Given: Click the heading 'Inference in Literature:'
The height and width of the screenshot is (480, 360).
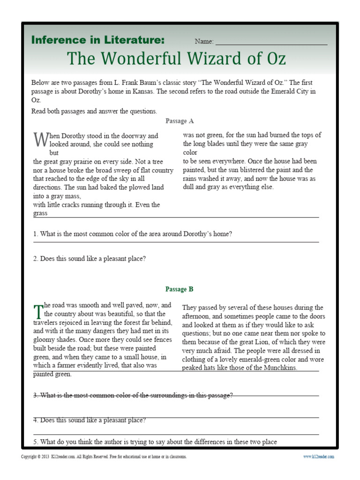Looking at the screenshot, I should point(97,40).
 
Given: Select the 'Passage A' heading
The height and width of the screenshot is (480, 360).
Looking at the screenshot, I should point(180,121).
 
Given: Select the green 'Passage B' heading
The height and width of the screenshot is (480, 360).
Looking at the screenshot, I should point(180,289).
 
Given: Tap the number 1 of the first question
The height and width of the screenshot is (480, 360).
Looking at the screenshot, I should point(35,234).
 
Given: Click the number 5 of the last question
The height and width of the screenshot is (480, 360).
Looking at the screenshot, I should point(35,442).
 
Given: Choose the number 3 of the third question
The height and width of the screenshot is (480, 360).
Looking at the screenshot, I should point(35,395).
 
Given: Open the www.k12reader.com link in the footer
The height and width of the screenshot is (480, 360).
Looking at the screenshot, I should point(318,457).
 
